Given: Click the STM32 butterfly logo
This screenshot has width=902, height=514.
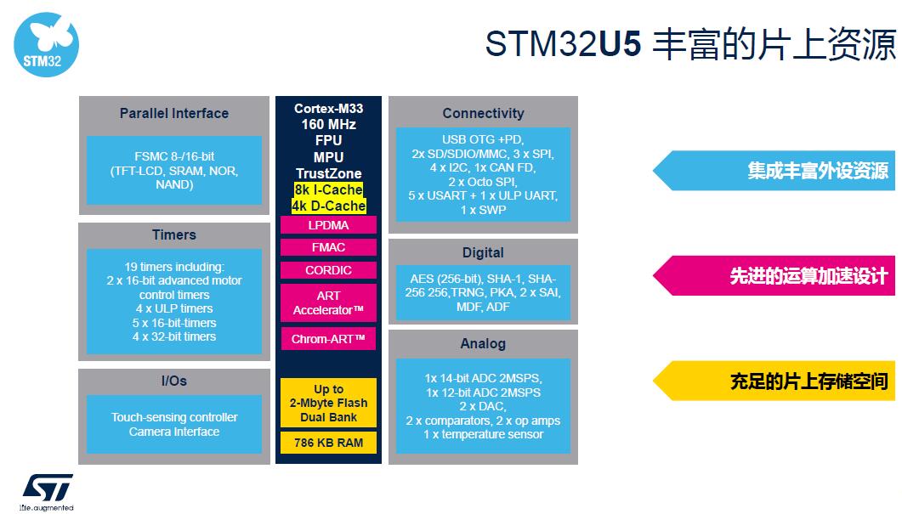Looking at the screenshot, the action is pyautogui.click(x=46, y=45).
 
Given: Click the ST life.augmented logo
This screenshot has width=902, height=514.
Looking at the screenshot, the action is pyautogui.click(x=47, y=492).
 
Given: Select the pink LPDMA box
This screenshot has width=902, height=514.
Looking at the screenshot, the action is pyautogui.click(x=328, y=225).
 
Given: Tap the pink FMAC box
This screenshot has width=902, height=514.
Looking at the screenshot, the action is pyautogui.click(x=328, y=247).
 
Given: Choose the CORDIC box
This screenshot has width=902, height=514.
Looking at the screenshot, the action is pyautogui.click(x=328, y=270).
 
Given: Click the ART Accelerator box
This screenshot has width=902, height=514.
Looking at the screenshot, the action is pyautogui.click(x=328, y=302).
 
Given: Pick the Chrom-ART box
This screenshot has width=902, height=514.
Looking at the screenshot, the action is pyautogui.click(x=328, y=339).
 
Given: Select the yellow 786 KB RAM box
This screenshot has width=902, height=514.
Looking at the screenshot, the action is pyautogui.click(x=328, y=443).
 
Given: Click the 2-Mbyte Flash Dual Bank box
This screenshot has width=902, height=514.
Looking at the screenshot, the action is pyautogui.click(x=328, y=403).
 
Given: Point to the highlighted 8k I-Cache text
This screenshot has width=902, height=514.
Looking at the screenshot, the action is pyautogui.click(x=328, y=189).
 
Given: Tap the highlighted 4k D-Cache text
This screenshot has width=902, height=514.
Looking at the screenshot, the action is pyautogui.click(x=328, y=206).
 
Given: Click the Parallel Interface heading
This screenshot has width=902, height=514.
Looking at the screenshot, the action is pyautogui.click(x=174, y=113).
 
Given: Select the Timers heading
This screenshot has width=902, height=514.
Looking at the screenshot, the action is pyautogui.click(x=174, y=234).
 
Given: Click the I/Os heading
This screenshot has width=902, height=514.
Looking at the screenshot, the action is pyautogui.click(x=174, y=381).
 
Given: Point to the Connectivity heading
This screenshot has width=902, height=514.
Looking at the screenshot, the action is pyautogui.click(x=483, y=113).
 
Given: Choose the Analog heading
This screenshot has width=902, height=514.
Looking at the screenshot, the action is pyautogui.click(x=483, y=343).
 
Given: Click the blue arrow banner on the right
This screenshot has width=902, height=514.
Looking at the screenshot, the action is pyautogui.click(x=774, y=171).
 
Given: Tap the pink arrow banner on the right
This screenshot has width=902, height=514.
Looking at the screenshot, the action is pyautogui.click(x=774, y=276).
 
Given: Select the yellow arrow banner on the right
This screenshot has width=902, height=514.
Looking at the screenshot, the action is pyautogui.click(x=774, y=381).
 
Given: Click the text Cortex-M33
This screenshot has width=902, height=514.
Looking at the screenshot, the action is pyautogui.click(x=328, y=108).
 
